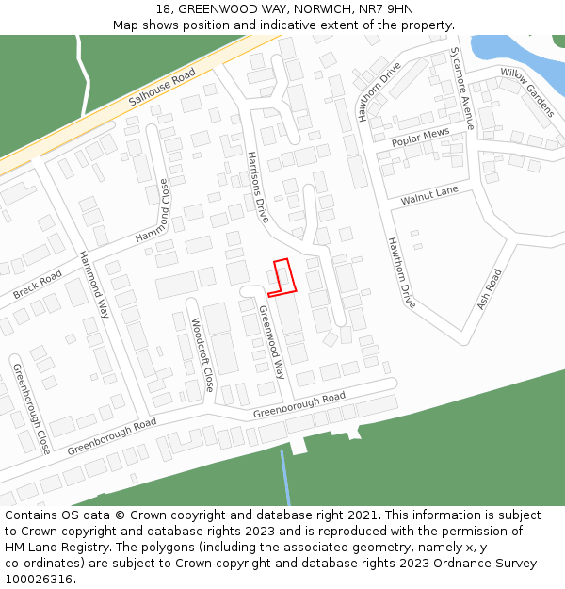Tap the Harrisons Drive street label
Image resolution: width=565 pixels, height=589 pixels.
[x=258, y=187]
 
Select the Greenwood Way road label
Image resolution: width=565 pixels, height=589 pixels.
[x=271, y=341]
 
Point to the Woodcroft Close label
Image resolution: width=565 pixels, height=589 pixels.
[x=202, y=355]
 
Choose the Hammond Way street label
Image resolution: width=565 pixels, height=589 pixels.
[x=94, y=284]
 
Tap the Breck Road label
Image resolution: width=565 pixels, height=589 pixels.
[x=38, y=285]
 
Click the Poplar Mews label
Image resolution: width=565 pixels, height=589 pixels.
[x=420, y=139]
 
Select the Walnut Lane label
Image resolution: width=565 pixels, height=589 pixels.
[x=429, y=196]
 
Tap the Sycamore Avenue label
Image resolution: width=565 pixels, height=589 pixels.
[x=461, y=88]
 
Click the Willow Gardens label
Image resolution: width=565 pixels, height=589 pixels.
[x=527, y=91]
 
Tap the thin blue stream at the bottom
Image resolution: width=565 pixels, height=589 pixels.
[x=284, y=477]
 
